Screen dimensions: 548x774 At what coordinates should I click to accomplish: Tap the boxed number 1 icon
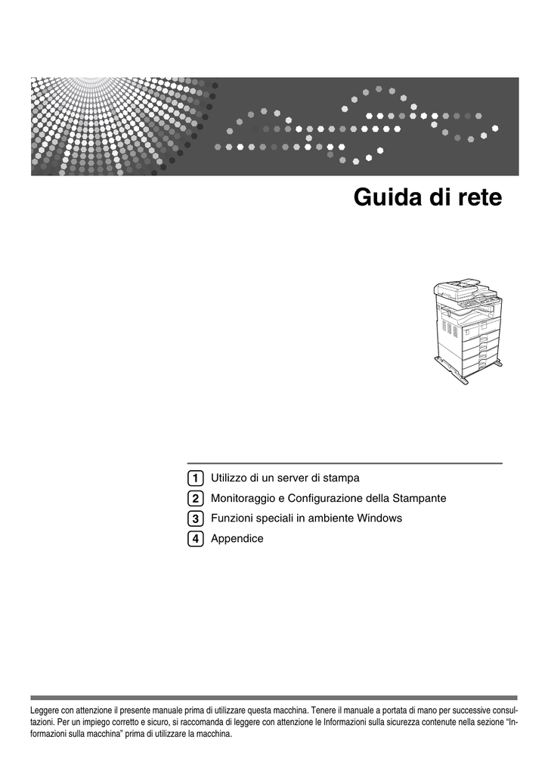click(x=196, y=478)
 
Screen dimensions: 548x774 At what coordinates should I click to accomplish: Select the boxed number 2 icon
click(x=196, y=499)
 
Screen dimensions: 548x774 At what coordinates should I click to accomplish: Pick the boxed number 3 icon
click(x=196, y=519)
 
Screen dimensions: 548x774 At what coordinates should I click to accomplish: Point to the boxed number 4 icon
click(x=196, y=538)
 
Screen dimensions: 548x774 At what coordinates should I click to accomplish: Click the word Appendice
click(x=237, y=539)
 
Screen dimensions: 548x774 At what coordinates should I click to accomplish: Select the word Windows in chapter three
click(x=379, y=519)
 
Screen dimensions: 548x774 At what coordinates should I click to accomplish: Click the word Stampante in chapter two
click(x=420, y=499)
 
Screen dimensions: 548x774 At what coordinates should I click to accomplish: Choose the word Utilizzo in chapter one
click(x=228, y=478)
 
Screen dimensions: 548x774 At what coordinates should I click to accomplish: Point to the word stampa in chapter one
click(x=342, y=478)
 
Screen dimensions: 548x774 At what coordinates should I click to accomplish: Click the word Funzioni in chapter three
click(x=231, y=519)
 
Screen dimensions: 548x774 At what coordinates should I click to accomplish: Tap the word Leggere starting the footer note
click(x=45, y=711)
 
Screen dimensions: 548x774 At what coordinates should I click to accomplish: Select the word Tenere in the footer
click(x=324, y=711)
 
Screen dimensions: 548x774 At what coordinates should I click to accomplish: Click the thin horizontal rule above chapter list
click(x=345, y=463)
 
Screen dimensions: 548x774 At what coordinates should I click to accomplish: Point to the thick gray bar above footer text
click(x=274, y=698)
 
